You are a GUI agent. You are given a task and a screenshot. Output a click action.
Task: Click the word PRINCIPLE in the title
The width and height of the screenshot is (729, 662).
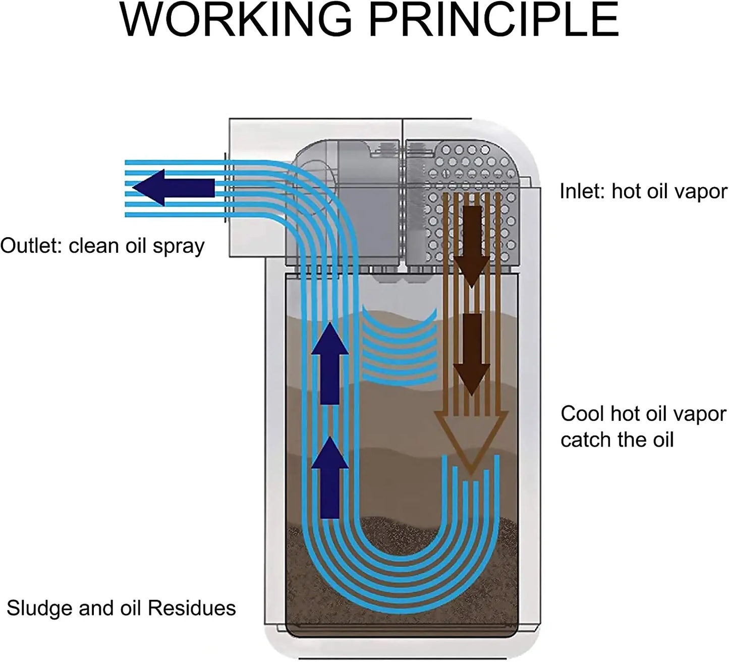click(496, 20)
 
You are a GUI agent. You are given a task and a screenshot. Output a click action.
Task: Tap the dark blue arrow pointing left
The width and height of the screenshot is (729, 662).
click(172, 188)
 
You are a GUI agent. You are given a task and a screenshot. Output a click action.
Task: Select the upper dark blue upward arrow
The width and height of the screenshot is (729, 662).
click(330, 363)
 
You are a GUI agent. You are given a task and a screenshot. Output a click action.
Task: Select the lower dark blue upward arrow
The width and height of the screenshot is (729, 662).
click(330, 477)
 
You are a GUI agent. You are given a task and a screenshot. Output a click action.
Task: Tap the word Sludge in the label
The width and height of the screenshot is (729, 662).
click(39, 609)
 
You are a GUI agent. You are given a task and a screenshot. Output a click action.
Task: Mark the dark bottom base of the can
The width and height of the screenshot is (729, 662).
click(401, 630)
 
